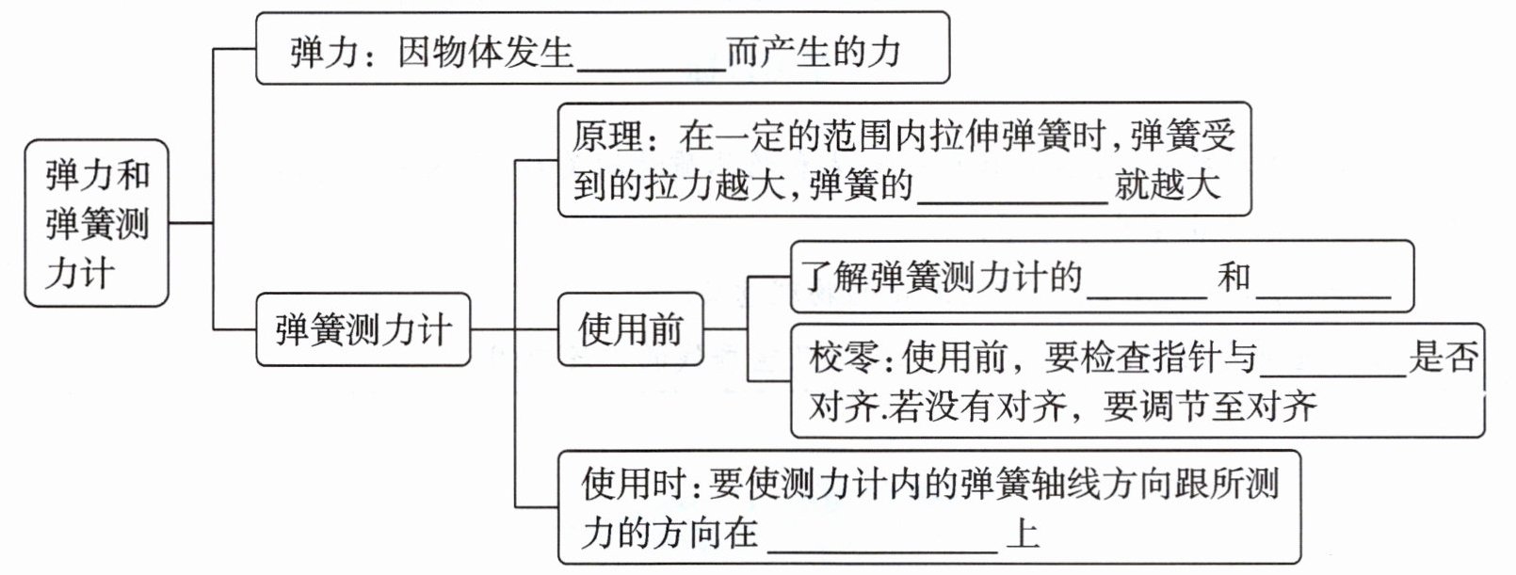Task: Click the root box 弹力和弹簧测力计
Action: point(96,223)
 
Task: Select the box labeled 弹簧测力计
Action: point(363,329)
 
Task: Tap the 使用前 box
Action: point(630,329)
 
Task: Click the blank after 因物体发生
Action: point(651,56)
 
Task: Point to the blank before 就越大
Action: point(1011,188)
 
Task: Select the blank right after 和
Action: point(1323,282)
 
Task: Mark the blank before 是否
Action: point(1333,362)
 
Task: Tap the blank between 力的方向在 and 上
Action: point(882,538)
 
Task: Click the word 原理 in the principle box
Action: point(607,137)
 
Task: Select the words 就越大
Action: point(1168,184)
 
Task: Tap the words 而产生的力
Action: point(814,52)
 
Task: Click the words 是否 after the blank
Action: point(1443,358)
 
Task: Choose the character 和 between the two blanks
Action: point(1234,277)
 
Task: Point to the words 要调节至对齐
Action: point(1210,407)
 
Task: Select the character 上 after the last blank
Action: point(1023,534)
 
